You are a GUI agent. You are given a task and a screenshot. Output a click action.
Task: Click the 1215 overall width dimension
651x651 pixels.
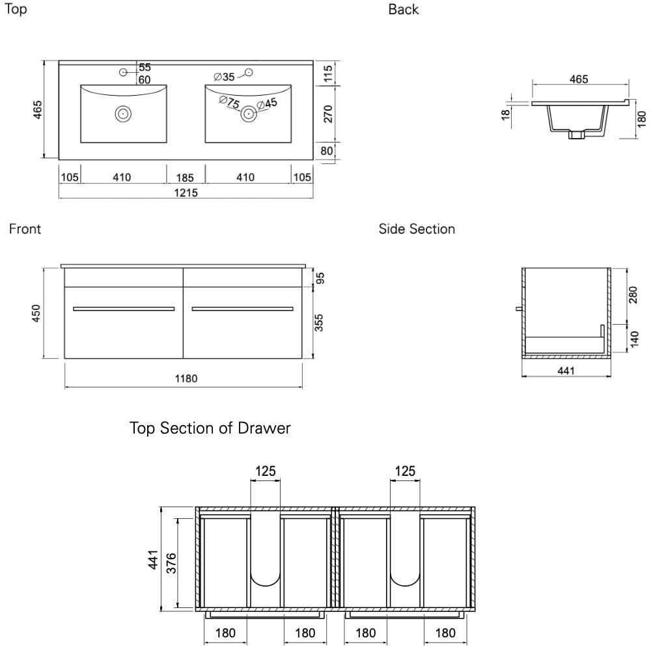186,193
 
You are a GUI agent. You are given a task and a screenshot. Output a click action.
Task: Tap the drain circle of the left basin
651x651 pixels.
122,114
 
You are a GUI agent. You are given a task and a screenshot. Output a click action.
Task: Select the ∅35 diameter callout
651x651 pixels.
224,77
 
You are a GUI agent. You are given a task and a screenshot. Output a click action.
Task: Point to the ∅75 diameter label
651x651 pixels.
229,103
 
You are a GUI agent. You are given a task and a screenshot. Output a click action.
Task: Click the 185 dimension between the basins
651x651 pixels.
185,177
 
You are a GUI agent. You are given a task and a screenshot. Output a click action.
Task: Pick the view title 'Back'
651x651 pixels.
403,10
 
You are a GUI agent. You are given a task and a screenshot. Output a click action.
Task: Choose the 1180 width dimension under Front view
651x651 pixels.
186,379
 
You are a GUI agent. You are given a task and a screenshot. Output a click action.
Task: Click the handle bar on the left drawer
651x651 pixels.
124,309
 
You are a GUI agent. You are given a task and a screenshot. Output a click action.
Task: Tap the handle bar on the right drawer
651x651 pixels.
243,309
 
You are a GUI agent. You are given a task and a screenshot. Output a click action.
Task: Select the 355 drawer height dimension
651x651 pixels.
319,322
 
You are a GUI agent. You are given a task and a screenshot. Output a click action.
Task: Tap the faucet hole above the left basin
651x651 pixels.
124,72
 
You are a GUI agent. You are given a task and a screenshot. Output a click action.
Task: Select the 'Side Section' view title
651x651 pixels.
417,229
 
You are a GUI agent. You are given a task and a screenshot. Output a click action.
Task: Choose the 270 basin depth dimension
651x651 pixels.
328,113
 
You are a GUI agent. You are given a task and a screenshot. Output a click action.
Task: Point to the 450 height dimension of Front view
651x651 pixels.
37,312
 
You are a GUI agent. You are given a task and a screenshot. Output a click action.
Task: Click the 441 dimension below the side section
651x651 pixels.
566,371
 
